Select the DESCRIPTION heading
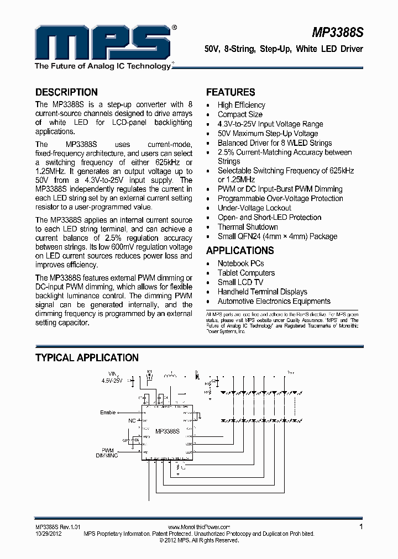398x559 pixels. point(66,92)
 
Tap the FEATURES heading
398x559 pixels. point(231,92)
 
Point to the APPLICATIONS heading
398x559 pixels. point(240,250)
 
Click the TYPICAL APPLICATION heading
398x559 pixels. point(87,358)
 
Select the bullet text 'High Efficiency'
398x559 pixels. point(241,105)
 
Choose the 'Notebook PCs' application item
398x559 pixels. point(240,263)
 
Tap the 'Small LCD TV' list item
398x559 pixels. point(240,282)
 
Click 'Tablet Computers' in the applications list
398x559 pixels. point(246,273)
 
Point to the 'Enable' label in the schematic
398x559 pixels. point(108,412)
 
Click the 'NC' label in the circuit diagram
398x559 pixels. point(132,421)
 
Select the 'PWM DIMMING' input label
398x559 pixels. point(107,453)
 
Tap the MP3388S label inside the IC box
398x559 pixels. point(167,431)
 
